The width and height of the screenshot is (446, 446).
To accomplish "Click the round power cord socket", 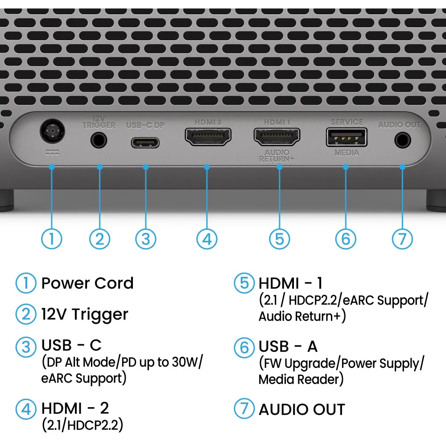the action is (52, 131).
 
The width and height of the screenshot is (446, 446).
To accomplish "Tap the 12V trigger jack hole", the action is (99, 140).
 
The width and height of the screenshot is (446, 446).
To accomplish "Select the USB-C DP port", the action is (145, 143).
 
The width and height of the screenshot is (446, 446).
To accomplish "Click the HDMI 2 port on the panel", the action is (208, 136).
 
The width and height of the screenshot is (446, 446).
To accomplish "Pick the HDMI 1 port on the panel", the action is (277, 136).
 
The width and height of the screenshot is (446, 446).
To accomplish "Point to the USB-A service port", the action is (347, 137).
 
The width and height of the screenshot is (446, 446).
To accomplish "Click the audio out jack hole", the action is (403, 140).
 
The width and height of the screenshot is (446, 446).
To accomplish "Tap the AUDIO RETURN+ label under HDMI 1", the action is (277, 156).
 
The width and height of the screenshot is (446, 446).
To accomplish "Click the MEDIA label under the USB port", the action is (347, 153).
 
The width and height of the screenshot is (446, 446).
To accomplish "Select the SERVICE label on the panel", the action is (347, 122).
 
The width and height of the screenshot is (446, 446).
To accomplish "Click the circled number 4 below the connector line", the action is (207, 239).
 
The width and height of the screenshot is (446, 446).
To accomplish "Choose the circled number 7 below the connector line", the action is (402, 239).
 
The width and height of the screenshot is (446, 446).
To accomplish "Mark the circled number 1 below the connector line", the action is (52, 239).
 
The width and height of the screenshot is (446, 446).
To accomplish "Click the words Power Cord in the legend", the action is (87, 283).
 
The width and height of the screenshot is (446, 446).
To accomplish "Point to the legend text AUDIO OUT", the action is (302, 409).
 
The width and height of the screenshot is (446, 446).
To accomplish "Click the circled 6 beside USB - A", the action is (244, 347).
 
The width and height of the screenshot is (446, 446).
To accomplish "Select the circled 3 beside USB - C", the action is (26, 347).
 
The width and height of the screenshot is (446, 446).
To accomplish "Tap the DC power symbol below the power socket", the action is (53, 153).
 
